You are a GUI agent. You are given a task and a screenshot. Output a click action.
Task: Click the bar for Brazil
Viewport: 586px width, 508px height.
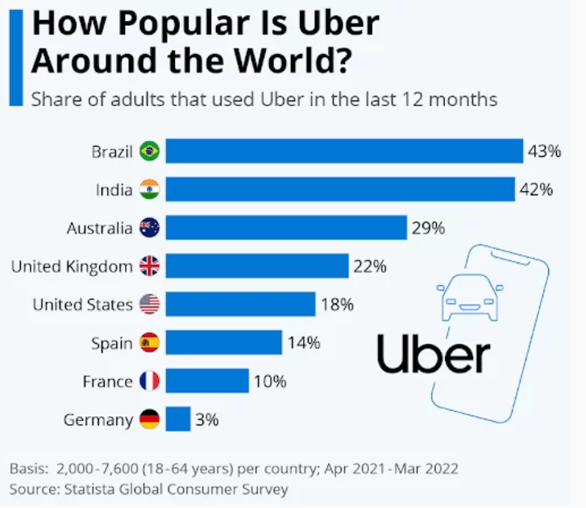point(345,151)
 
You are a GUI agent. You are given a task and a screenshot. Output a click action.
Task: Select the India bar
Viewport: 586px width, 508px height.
point(341,190)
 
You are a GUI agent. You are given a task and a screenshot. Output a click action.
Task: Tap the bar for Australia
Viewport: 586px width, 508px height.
point(287,228)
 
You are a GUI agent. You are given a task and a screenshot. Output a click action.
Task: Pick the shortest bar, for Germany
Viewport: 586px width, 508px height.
point(179,419)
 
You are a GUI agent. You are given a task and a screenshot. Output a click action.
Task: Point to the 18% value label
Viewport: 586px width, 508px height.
point(337,304)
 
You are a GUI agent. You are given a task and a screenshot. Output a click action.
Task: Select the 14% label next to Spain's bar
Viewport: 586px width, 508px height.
point(304,343)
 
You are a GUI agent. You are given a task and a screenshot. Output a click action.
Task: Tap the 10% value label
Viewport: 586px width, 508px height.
point(270,381)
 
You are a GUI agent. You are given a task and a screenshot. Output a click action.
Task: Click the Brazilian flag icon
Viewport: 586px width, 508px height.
point(150,151)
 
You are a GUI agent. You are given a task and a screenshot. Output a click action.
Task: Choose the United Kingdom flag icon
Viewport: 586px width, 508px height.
point(150,266)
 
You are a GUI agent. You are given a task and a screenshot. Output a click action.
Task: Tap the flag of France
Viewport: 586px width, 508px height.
point(150,381)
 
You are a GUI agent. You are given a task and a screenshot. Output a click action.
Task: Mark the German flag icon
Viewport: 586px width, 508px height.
point(150,419)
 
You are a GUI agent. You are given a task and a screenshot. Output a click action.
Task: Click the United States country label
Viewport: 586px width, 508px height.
point(82,304)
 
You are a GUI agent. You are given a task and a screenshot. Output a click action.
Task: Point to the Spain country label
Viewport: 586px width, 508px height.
point(111,343)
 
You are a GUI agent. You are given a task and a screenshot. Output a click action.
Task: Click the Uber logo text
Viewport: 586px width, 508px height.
point(433,355)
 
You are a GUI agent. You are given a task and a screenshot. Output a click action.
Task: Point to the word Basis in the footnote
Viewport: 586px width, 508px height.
point(27,469)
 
